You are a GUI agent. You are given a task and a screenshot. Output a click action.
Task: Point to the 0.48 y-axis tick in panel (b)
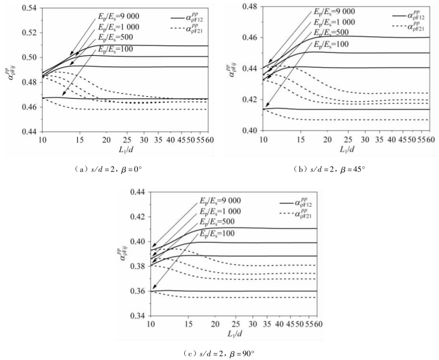click(x=247, y=7)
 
